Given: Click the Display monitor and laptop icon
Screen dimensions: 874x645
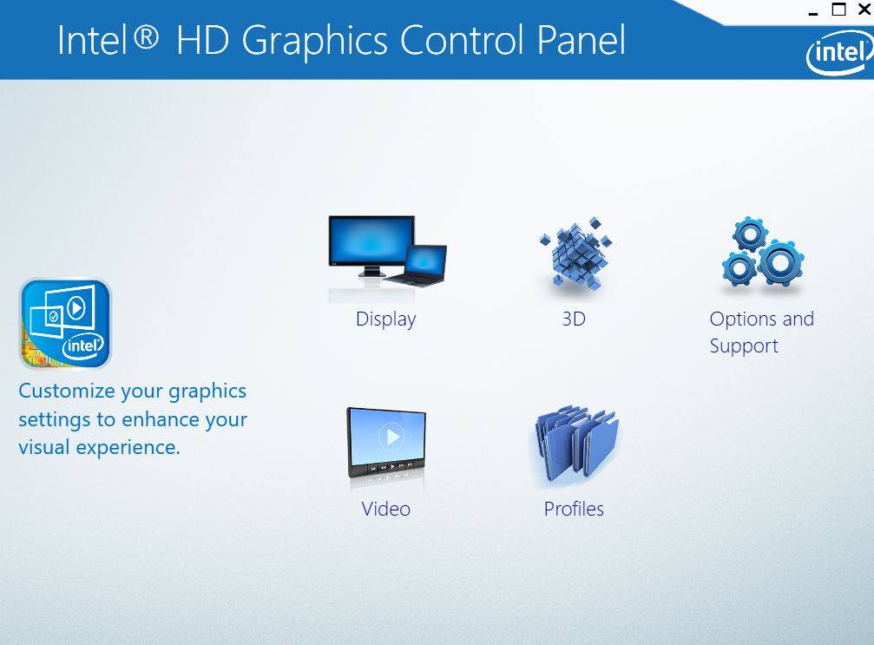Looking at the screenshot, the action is [x=387, y=252].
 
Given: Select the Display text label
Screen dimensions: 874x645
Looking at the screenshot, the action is [x=385, y=319].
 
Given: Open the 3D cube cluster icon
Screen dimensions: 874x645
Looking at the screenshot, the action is [x=575, y=253].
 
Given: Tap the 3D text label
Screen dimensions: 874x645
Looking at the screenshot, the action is [x=574, y=319].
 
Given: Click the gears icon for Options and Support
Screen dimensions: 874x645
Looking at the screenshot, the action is [x=763, y=252].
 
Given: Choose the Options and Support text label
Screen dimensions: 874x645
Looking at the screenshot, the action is [x=761, y=332].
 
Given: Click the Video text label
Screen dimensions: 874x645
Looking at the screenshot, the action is [x=385, y=509].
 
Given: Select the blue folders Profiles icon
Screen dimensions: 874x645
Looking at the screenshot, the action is [x=576, y=444].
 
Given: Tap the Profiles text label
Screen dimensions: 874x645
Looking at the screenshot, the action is [x=574, y=509].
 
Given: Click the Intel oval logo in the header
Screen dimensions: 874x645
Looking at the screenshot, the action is [x=839, y=52].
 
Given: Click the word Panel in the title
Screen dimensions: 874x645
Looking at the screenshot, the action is [x=581, y=40].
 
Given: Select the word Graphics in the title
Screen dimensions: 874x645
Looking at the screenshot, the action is [x=314, y=43].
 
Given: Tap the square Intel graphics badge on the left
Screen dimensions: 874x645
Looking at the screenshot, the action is [x=66, y=323].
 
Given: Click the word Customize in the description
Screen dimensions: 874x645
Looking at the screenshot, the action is [x=67, y=391].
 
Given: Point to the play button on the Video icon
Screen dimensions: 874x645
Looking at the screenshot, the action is [x=391, y=437].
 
